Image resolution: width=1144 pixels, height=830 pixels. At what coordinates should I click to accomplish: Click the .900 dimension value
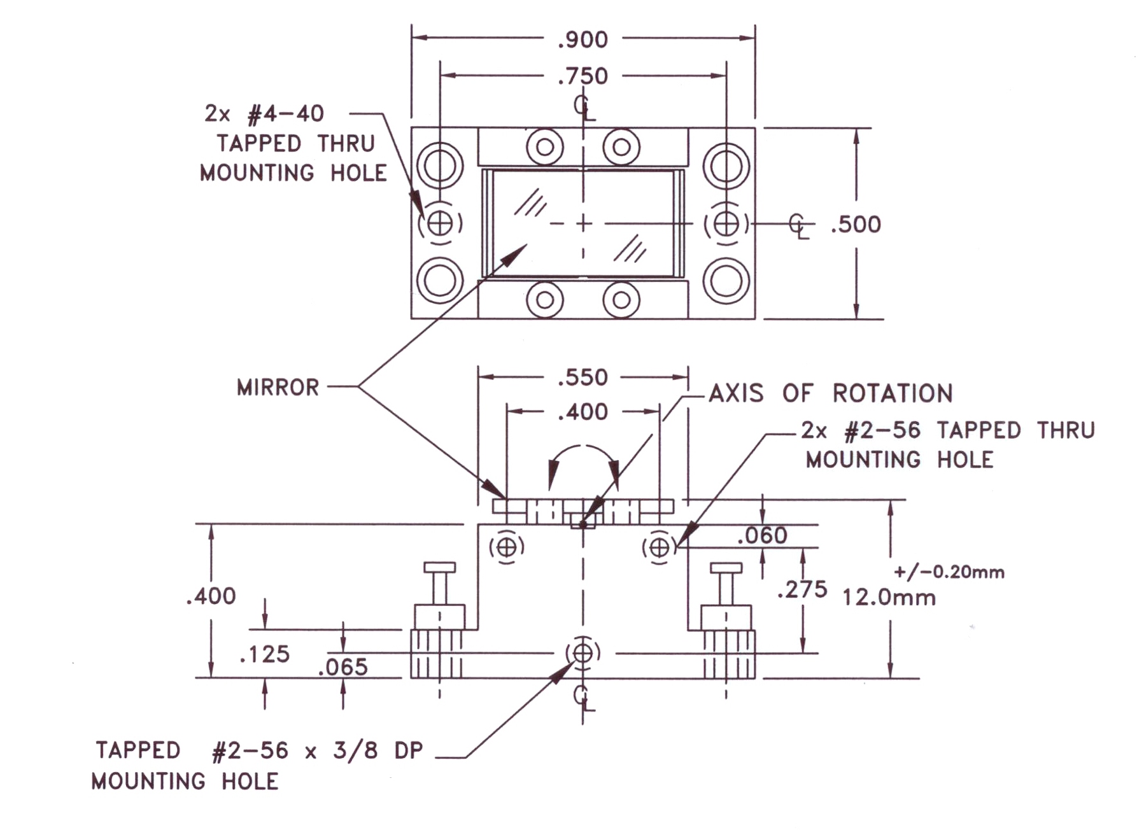[583, 40]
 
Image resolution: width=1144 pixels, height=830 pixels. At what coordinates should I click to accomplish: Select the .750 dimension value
[583, 76]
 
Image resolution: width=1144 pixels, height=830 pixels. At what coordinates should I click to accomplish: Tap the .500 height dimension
[856, 225]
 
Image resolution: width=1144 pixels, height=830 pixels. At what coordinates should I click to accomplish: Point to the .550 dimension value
[583, 377]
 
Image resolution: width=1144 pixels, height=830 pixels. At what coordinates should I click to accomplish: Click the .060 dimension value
[762, 535]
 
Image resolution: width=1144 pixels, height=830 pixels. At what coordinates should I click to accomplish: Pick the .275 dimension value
[802, 589]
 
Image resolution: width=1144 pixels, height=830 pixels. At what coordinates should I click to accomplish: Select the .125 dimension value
[264, 654]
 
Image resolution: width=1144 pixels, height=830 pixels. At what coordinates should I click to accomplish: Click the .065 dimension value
[342, 667]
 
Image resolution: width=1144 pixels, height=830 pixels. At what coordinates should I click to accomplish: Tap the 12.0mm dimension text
[889, 598]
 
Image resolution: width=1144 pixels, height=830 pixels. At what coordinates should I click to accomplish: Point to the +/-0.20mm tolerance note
[949, 572]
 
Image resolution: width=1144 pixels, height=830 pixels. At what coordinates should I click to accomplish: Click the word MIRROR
[278, 388]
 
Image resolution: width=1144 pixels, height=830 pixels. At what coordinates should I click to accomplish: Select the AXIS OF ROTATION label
[831, 393]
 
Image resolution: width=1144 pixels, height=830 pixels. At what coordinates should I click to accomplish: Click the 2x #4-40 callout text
[264, 113]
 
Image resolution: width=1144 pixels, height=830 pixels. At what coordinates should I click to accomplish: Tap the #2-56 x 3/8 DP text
[317, 751]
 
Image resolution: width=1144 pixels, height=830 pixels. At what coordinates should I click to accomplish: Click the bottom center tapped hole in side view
[583, 653]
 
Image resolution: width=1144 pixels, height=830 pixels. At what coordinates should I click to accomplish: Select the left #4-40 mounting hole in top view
[440, 223]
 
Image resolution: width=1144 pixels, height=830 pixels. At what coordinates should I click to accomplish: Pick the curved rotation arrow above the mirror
[583, 446]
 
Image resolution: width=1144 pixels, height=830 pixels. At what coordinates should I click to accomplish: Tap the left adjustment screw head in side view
[440, 567]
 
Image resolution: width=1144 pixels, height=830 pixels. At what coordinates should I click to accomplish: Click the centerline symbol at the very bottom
[584, 698]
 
